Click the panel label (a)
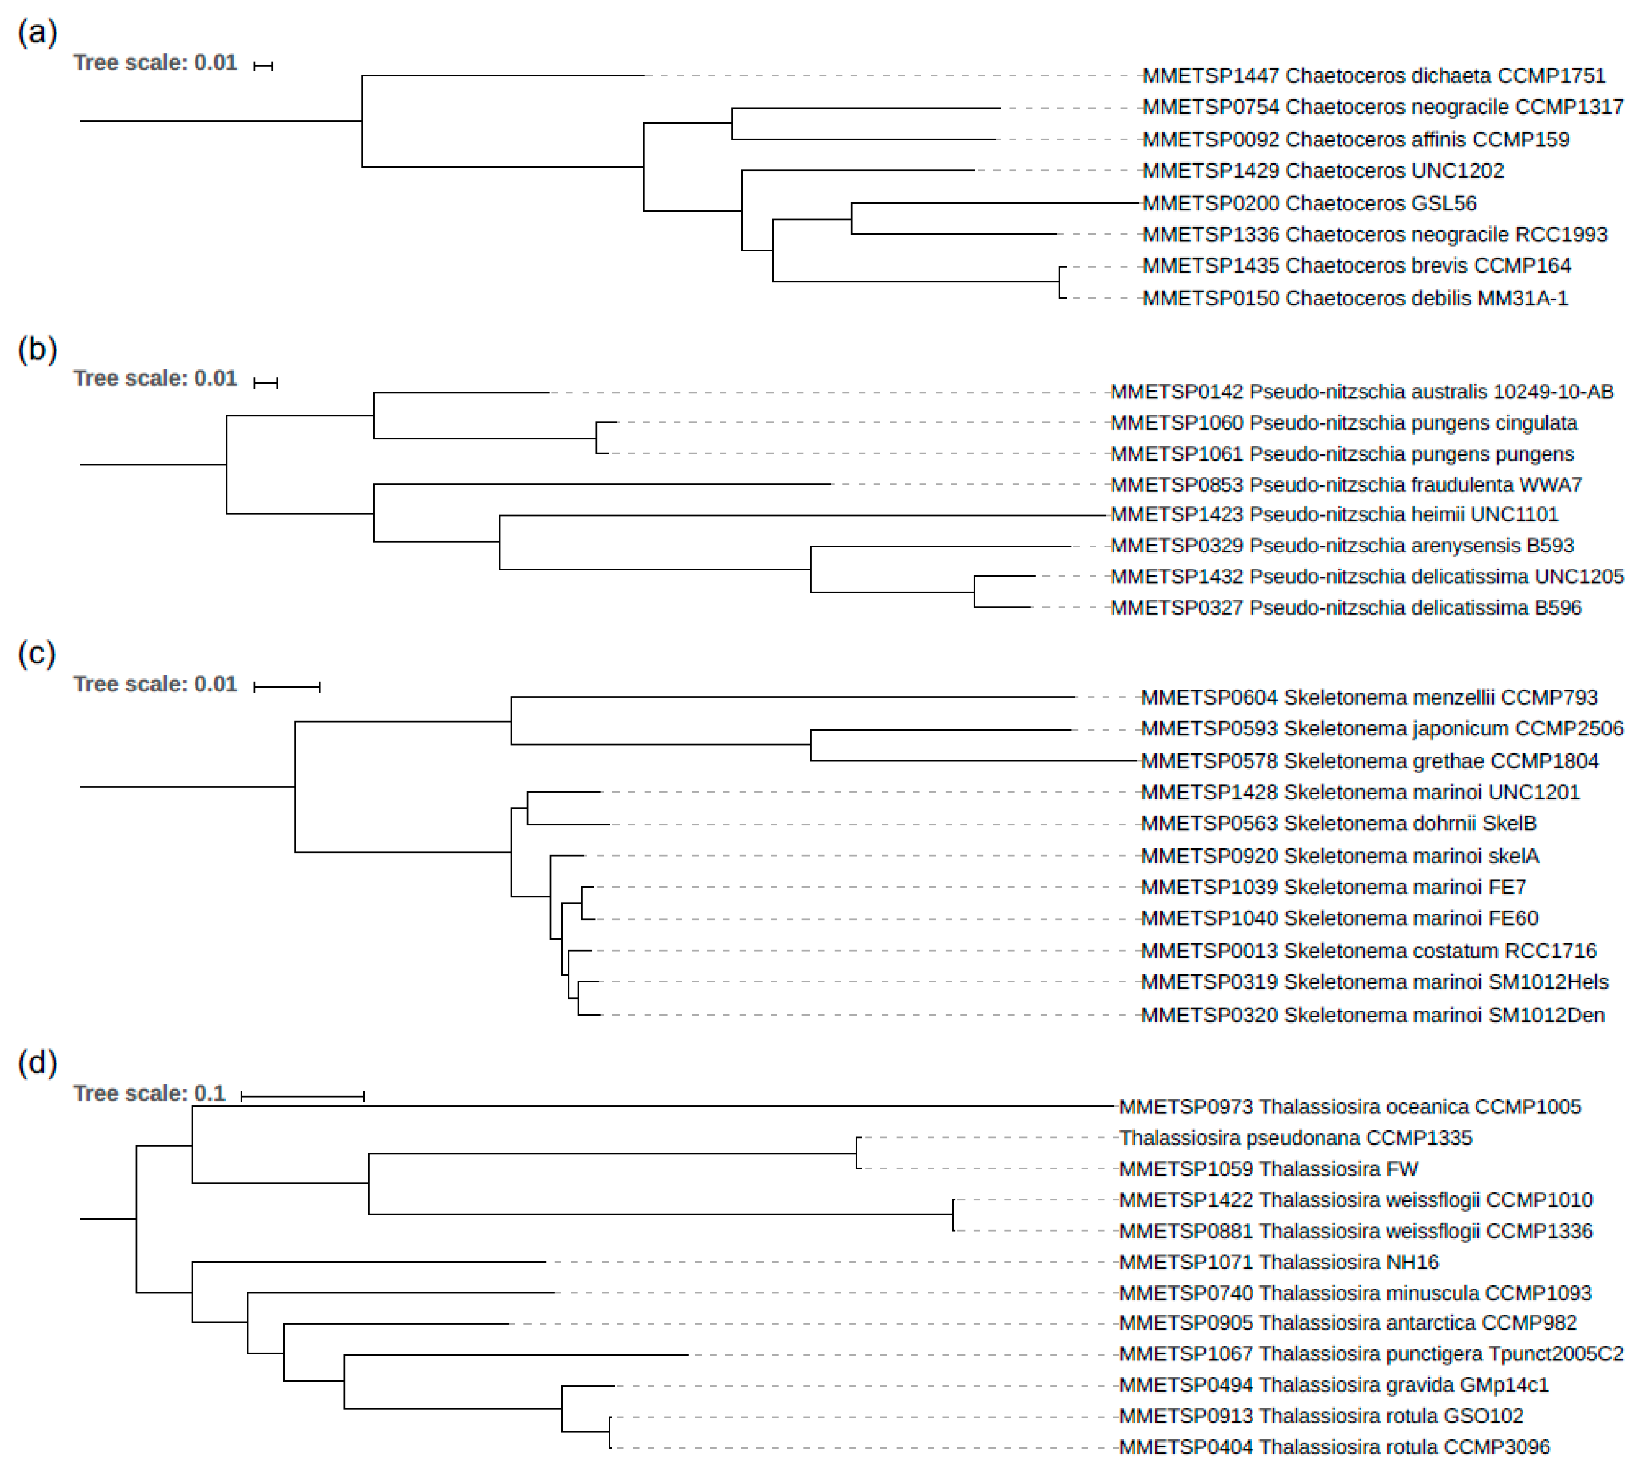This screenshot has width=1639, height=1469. click(37, 33)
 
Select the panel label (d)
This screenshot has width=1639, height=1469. click(37, 1063)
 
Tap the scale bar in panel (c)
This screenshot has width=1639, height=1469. click(286, 687)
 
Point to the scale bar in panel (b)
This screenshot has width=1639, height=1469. click(266, 382)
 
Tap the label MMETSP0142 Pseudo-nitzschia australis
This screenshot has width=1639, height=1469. click(1362, 392)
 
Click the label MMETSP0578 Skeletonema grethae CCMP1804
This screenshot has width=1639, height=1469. click(1369, 761)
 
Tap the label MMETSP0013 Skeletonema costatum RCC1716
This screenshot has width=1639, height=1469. click(1368, 951)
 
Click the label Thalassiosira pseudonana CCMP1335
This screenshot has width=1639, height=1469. click(1296, 1138)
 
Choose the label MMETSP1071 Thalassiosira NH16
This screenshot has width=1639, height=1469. click(1279, 1262)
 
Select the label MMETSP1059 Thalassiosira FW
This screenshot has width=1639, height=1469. click(1268, 1169)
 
